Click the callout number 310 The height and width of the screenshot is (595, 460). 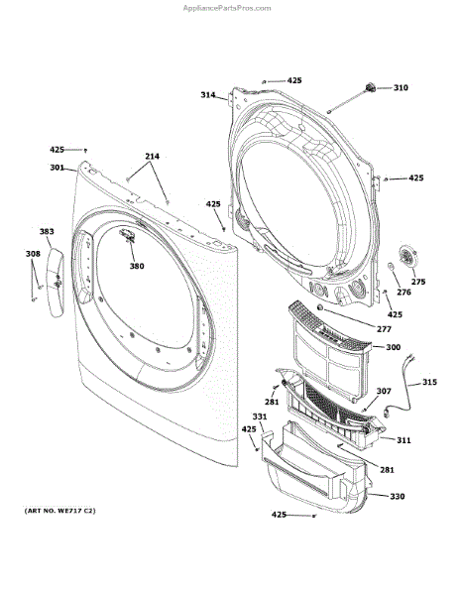tap(401, 88)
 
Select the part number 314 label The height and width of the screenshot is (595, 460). tap(208, 95)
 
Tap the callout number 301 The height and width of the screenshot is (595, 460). tap(57, 168)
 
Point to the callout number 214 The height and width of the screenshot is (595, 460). tap(152, 156)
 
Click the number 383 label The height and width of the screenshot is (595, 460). tap(47, 231)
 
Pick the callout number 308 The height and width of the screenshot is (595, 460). tap(33, 254)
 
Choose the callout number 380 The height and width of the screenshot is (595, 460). tap(137, 266)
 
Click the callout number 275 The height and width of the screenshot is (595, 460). tap(418, 282)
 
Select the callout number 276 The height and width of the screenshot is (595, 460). tap(403, 293)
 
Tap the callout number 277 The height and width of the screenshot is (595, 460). tap(384, 329)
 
